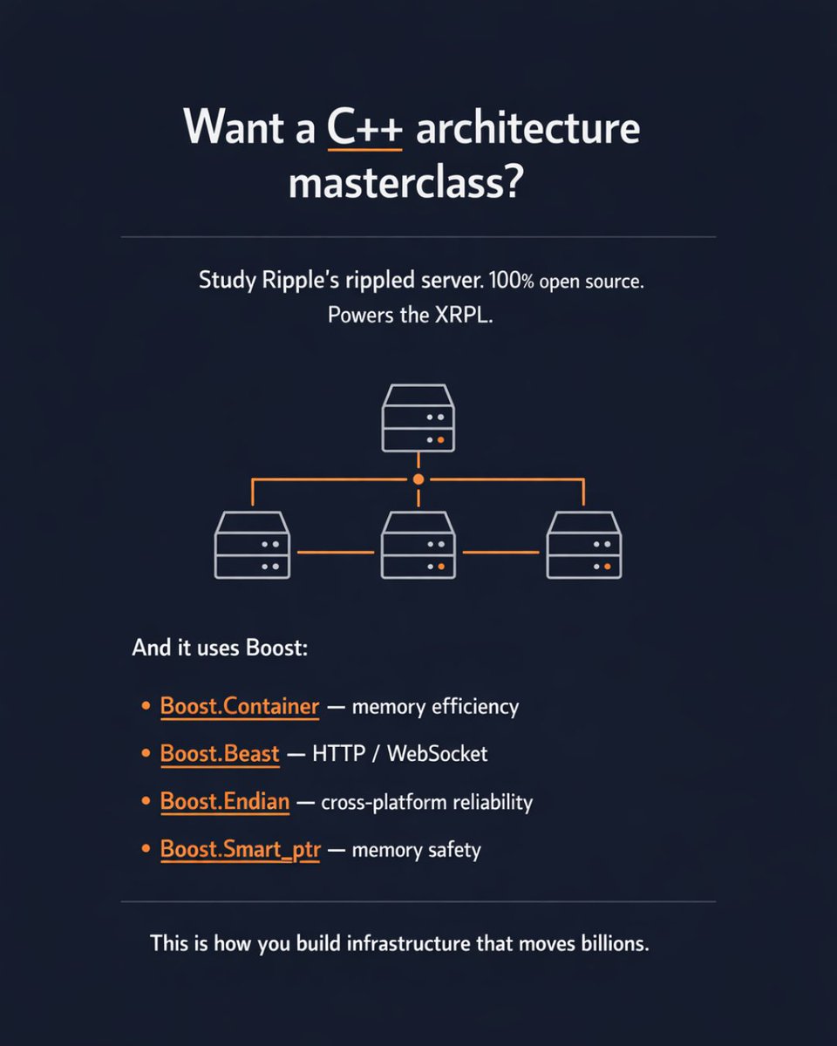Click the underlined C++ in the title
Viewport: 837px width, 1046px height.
(x=365, y=128)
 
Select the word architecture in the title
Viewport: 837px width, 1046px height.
(x=527, y=128)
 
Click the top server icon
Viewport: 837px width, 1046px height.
(x=418, y=418)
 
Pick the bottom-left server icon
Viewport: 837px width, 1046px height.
(x=252, y=546)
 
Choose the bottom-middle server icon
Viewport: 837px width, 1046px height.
(x=418, y=546)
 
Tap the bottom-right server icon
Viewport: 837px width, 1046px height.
(x=584, y=546)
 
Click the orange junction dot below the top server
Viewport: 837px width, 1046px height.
(x=418, y=479)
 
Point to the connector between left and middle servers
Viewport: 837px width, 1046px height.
(x=336, y=552)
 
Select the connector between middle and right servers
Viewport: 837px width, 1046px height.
(x=501, y=552)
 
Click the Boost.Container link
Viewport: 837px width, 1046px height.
(x=240, y=706)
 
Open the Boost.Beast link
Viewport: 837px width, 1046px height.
(x=220, y=753)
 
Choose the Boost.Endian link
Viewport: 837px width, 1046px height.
(x=225, y=801)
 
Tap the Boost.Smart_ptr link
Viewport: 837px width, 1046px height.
(x=240, y=849)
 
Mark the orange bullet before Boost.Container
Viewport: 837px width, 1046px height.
(x=146, y=706)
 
